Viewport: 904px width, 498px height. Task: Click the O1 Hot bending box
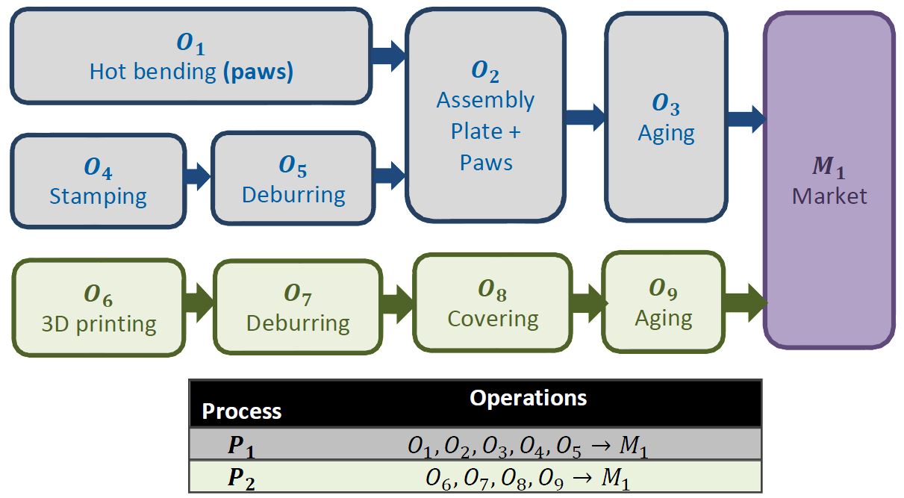pyautogui.click(x=190, y=57)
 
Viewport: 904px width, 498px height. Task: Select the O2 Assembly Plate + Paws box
pyautogui.click(x=485, y=119)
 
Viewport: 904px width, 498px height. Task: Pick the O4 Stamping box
pyautogui.click(x=98, y=181)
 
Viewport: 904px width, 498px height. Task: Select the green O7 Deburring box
pyautogui.click(x=297, y=308)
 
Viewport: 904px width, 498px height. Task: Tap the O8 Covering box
pyautogui.click(x=493, y=302)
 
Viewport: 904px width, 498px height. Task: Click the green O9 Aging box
pyautogui.click(x=663, y=302)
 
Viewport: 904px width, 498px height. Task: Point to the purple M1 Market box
pyautogui.click(x=829, y=179)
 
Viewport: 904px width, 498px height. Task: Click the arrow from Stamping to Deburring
pyautogui.click(x=198, y=177)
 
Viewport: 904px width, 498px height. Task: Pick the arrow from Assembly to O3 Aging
pyautogui.click(x=585, y=116)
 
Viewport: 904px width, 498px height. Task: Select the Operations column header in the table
pyautogui.click(x=528, y=398)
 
